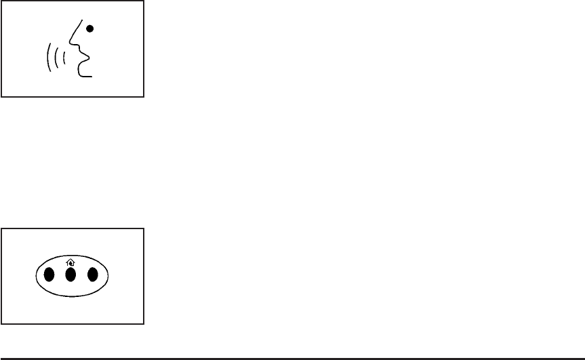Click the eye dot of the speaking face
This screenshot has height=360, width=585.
pyautogui.click(x=89, y=28)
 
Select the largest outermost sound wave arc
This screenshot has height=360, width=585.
pyautogui.click(x=48, y=58)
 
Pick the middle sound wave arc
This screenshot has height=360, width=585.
pyautogui.click(x=56, y=58)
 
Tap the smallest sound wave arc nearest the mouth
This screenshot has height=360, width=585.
pyautogui.click(x=64, y=58)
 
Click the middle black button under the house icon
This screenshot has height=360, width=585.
pyautogui.click(x=70, y=275)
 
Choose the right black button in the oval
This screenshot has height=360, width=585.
pyautogui.click(x=93, y=275)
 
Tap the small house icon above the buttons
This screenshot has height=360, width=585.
pyautogui.click(x=70, y=262)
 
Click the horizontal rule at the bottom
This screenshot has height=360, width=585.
pyautogui.click(x=292, y=357)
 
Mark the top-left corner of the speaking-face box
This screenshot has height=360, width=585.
pyautogui.click(x=1, y=1)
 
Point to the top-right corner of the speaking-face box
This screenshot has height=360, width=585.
pyautogui.click(x=144, y=1)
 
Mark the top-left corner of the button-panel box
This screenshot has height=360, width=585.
pyautogui.click(x=1, y=229)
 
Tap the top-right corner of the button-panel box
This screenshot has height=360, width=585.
pyautogui.click(x=144, y=229)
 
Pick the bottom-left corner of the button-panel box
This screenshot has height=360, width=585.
pyautogui.click(x=1, y=323)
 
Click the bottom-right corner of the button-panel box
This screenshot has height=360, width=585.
pyautogui.click(x=144, y=323)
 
